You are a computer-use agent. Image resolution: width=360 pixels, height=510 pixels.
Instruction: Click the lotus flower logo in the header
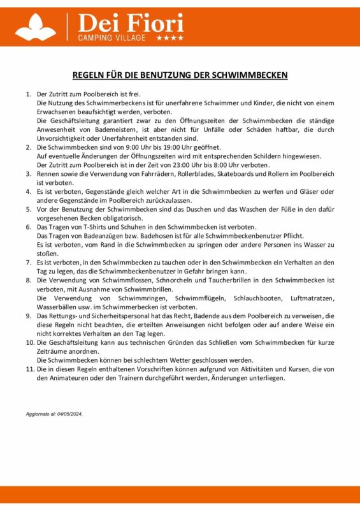pyautogui.click(x=36, y=27)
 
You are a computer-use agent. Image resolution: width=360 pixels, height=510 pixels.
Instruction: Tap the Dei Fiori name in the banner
pyautogui.click(x=130, y=23)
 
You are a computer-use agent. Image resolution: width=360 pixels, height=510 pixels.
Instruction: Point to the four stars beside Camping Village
pyautogui.click(x=170, y=38)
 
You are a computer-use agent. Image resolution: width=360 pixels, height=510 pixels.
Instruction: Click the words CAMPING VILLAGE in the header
pyautogui.click(x=112, y=38)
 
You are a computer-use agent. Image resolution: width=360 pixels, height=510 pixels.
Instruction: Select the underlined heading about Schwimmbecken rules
pyautogui.click(x=180, y=75)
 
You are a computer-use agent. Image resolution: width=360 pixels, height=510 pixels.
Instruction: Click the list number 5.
pyautogui.click(x=29, y=208)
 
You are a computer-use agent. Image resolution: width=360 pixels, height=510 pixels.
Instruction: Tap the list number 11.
pyautogui.click(x=30, y=369)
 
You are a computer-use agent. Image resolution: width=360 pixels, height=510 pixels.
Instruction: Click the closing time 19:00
pyautogui.click(x=164, y=147)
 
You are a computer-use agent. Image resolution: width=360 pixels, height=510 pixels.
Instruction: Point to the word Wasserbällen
pyautogui.click(x=58, y=307)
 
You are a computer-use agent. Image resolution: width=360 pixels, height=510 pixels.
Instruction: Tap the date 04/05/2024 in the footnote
pyautogui.click(x=68, y=413)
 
